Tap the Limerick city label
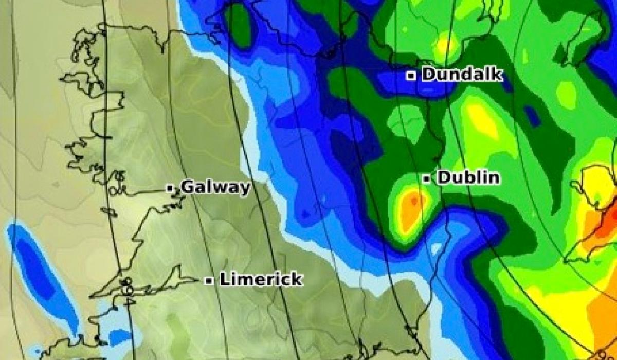click(x=261, y=280)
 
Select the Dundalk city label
click(x=461, y=75)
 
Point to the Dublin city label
click(x=468, y=178)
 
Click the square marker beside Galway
click(x=170, y=188)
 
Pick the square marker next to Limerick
click(x=209, y=281)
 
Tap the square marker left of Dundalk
click(x=411, y=76)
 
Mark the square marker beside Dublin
click(x=427, y=178)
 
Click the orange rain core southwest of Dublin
click(x=412, y=208)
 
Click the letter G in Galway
click(x=187, y=187)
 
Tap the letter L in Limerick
click(x=224, y=280)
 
